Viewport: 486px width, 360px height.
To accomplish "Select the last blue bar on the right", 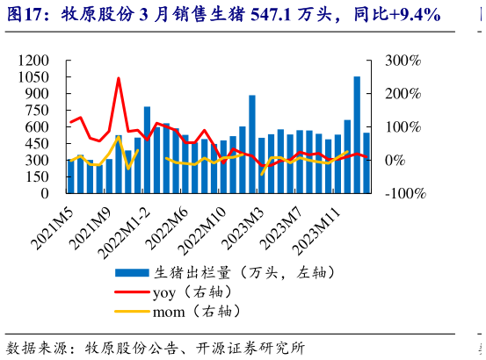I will pyautogui.click(x=366, y=162).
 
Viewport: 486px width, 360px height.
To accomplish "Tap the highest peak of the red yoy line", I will pyautogui.click(x=119, y=78).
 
